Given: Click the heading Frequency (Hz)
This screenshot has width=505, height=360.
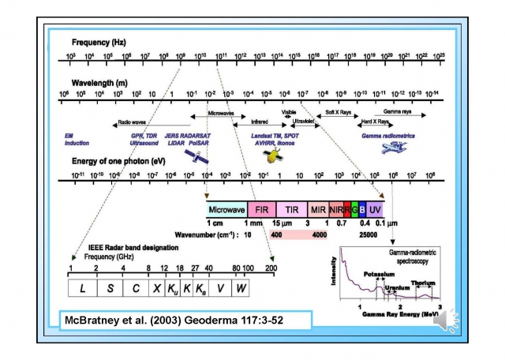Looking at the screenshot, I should point(99,40).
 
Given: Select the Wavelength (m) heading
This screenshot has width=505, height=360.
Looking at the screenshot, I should point(99,81).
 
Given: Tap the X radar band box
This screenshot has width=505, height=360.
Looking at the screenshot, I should point(157,288).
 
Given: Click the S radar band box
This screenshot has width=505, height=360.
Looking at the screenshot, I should point(110,288).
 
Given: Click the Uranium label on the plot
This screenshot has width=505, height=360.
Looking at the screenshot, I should point(396,287).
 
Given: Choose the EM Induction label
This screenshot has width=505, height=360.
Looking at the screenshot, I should point(77,140).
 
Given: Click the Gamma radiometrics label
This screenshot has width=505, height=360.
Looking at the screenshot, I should point(388,136).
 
